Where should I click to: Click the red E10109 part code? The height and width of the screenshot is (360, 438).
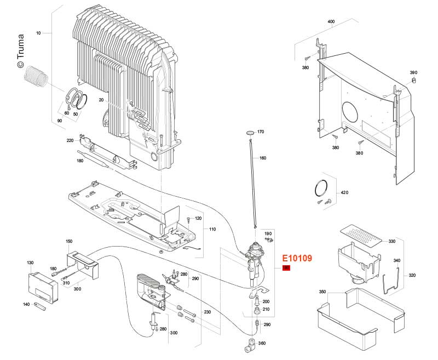pyautogui.click(x=296, y=258)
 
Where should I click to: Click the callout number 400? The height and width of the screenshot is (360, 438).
pyautogui.click(x=331, y=21)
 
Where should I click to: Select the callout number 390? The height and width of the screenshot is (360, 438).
pyautogui.click(x=413, y=72)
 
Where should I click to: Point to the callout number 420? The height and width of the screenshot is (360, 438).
pyautogui.click(x=344, y=193)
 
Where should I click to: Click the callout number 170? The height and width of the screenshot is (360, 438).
pyautogui.click(x=261, y=132)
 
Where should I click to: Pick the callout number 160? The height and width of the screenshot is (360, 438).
pyautogui.click(x=263, y=158)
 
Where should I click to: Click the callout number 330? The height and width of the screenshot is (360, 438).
pyautogui.click(x=392, y=241)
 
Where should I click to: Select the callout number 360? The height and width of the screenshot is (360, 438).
pyautogui.click(x=262, y=344)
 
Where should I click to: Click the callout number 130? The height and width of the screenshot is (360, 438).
pyautogui.click(x=30, y=263)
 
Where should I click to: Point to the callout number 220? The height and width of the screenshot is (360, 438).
pyautogui.click(x=70, y=141)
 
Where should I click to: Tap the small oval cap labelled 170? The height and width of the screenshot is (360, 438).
pyautogui.click(x=250, y=132)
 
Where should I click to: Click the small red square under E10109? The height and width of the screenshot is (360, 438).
pyautogui.click(x=286, y=268)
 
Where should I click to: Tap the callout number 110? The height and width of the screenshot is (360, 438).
pyautogui.click(x=212, y=228)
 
